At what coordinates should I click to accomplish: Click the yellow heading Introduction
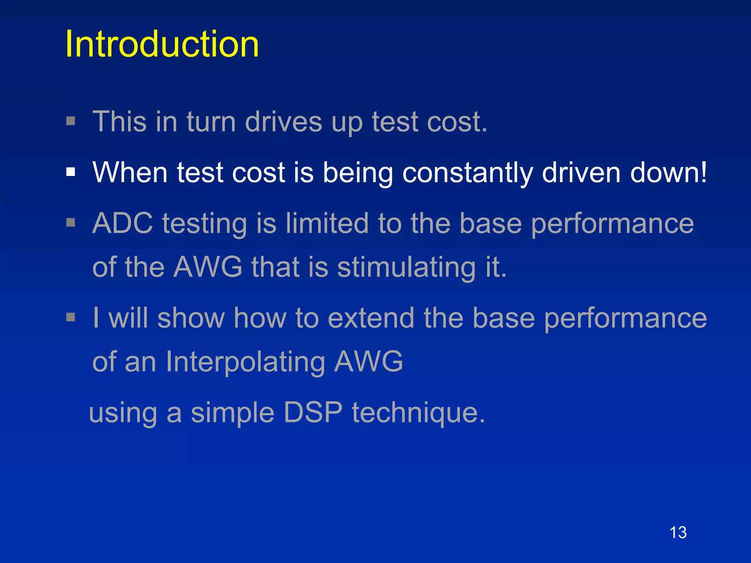click(162, 44)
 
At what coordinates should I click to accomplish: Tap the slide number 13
click(678, 532)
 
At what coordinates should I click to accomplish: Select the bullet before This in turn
click(71, 121)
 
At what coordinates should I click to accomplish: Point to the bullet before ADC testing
click(71, 222)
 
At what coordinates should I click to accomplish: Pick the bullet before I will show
click(71, 317)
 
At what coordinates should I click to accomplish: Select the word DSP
click(313, 412)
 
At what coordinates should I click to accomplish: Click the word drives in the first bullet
click(283, 122)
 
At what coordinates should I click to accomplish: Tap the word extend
click(371, 318)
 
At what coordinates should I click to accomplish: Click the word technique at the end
click(418, 413)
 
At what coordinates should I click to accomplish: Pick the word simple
click(232, 413)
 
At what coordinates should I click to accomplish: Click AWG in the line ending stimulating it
click(208, 267)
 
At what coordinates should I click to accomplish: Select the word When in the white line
click(130, 172)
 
